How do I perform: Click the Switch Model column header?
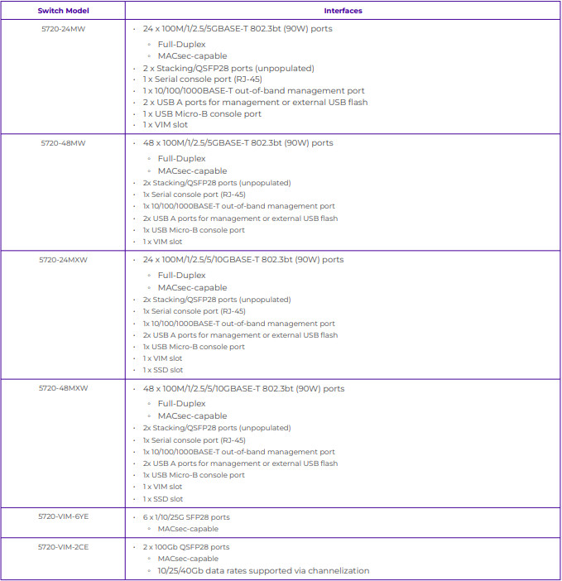click(x=63, y=11)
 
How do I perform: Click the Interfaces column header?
click(x=343, y=11)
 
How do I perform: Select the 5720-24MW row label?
click(x=63, y=29)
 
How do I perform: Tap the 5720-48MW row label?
click(x=63, y=142)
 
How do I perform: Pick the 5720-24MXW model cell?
click(x=63, y=259)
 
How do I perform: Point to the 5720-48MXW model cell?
click(x=63, y=388)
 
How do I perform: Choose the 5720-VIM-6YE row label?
click(x=63, y=516)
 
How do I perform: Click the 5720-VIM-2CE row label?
click(x=63, y=546)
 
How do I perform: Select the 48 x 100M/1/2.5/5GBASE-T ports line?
click(x=238, y=142)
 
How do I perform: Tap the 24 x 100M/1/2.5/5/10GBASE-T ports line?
click(x=243, y=259)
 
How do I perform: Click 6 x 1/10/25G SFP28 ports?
click(x=186, y=517)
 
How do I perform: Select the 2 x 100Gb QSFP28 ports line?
click(x=186, y=547)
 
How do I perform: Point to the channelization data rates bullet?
click(x=263, y=570)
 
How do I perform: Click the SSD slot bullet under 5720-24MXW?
click(x=163, y=370)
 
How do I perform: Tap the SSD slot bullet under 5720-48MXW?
click(x=163, y=499)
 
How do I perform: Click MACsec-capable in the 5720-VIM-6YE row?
click(x=188, y=528)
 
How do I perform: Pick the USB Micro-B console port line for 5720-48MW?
click(x=194, y=230)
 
